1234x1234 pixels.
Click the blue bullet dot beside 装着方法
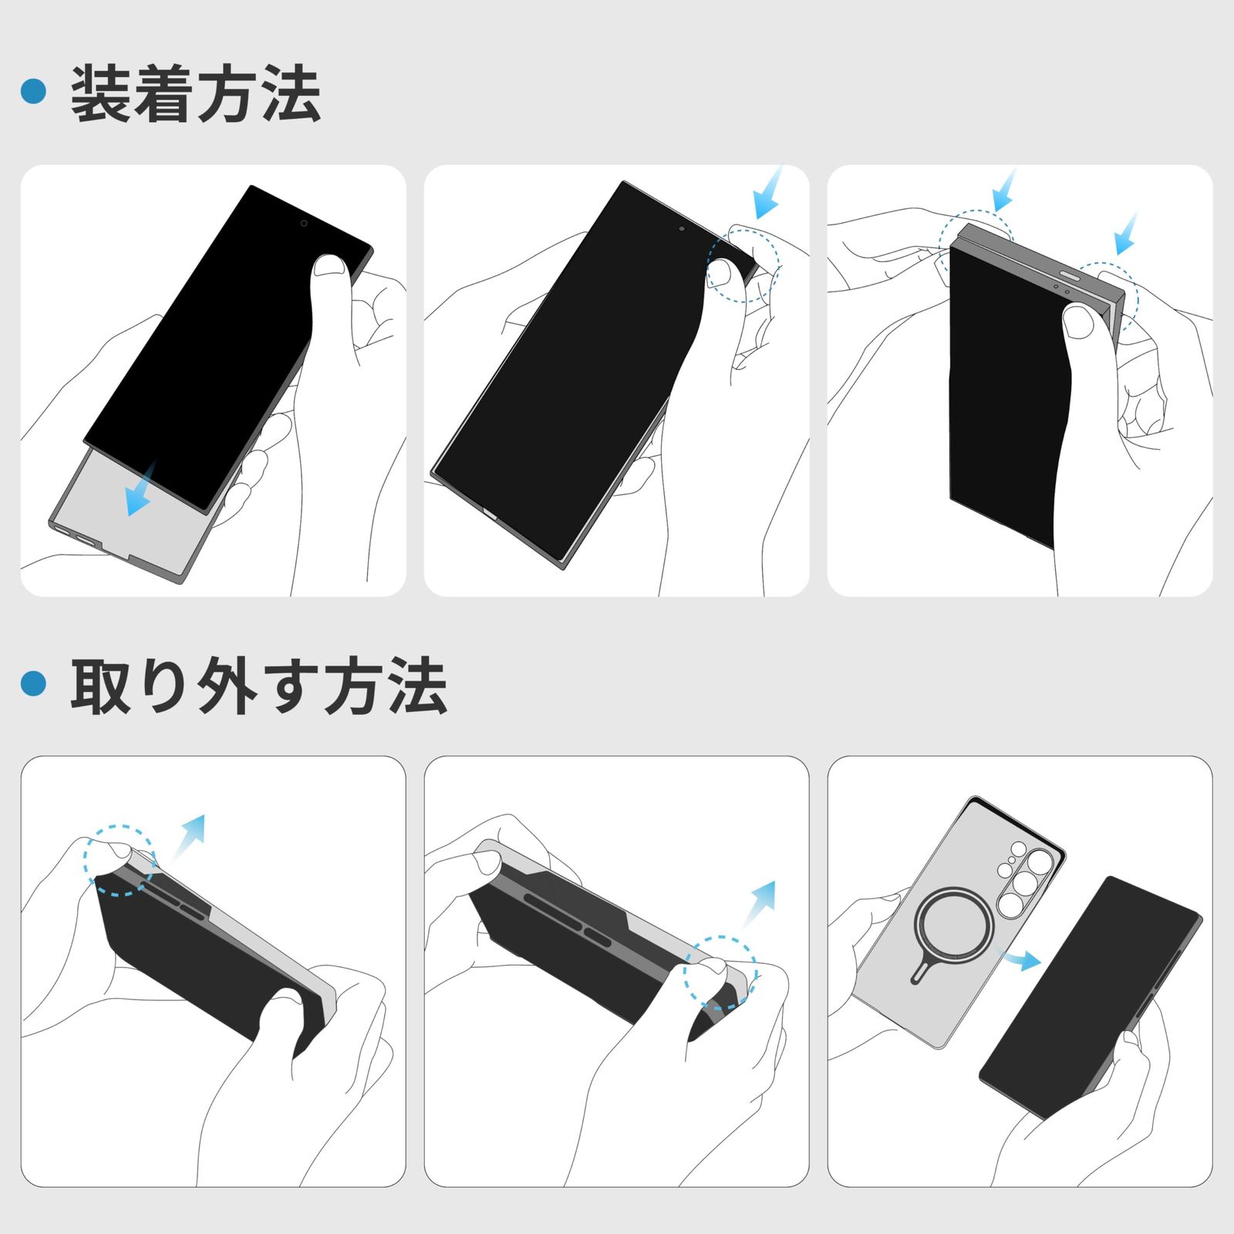pyautogui.click(x=34, y=92)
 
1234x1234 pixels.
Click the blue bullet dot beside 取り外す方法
pyautogui.click(x=34, y=683)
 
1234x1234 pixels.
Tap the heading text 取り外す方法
pyautogui.click(x=258, y=686)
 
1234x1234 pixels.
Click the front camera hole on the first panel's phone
pyautogui.click(x=304, y=224)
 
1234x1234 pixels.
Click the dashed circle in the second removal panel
pyautogui.click(x=720, y=973)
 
